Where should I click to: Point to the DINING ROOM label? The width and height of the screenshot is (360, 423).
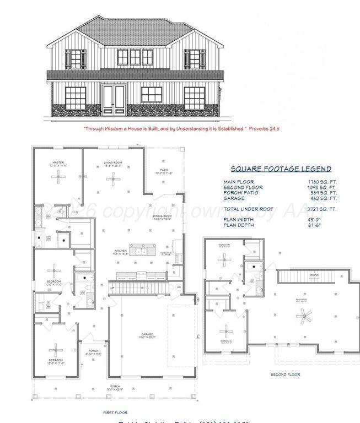163,216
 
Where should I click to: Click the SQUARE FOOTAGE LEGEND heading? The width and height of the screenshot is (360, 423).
281,169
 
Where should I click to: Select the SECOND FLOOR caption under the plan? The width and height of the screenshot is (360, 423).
285,374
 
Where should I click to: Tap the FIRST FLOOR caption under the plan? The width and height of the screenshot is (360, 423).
115,412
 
